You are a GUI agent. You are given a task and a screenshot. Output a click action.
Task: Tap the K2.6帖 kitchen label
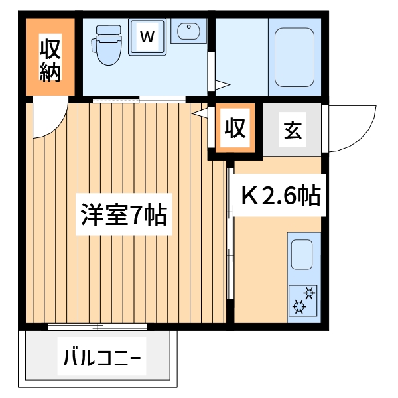(x=281, y=196)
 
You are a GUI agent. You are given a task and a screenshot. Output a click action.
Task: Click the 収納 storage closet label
(x=50, y=60)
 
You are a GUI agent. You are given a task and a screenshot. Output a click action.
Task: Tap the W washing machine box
(x=147, y=37)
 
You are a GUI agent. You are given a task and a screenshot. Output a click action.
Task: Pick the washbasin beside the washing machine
(x=189, y=33)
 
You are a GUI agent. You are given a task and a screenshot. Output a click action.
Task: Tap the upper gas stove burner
(x=308, y=292)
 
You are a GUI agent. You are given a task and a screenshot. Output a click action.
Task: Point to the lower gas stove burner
(x=298, y=306)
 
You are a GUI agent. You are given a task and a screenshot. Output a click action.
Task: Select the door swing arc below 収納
(x=50, y=119)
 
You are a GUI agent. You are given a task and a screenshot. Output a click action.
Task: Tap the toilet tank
(x=106, y=31)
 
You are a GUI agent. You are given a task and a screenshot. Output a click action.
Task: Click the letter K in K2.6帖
(x=249, y=196)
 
